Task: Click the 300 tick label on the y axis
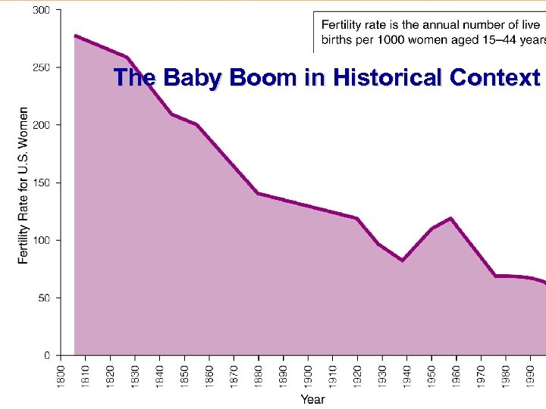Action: click(x=42, y=10)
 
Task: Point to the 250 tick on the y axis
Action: click(x=42, y=67)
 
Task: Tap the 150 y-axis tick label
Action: click(x=42, y=183)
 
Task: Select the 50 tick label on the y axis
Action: click(x=44, y=298)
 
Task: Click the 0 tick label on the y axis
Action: click(x=47, y=355)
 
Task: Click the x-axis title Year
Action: click(x=312, y=398)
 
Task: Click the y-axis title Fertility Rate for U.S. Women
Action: click(x=24, y=185)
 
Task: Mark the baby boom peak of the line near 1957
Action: click(x=451, y=218)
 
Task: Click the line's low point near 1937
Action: click(x=402, y=261)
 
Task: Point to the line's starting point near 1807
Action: click(x=75, y=36)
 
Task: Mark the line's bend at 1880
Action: click(x=259, y=193)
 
